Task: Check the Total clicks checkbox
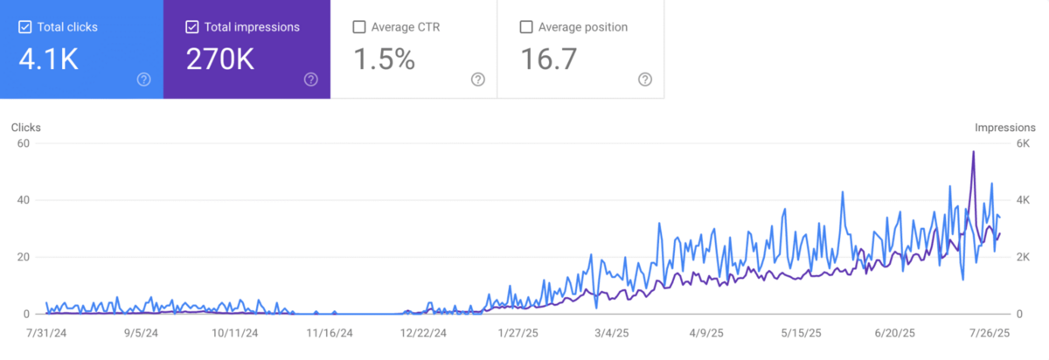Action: coord(25,27)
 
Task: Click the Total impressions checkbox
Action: coord(192,27)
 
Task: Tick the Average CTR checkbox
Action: coord(359,27)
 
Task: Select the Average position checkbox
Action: coord(526,27)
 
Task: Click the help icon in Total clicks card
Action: coord(144,80)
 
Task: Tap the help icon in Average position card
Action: coord(645,80)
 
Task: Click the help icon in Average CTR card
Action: coord(478,80)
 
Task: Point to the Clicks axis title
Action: coord(26,128)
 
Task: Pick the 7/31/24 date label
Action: coord(45,333)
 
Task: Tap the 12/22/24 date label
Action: coord(423,333)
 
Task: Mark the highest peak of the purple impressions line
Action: coord(973,152)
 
